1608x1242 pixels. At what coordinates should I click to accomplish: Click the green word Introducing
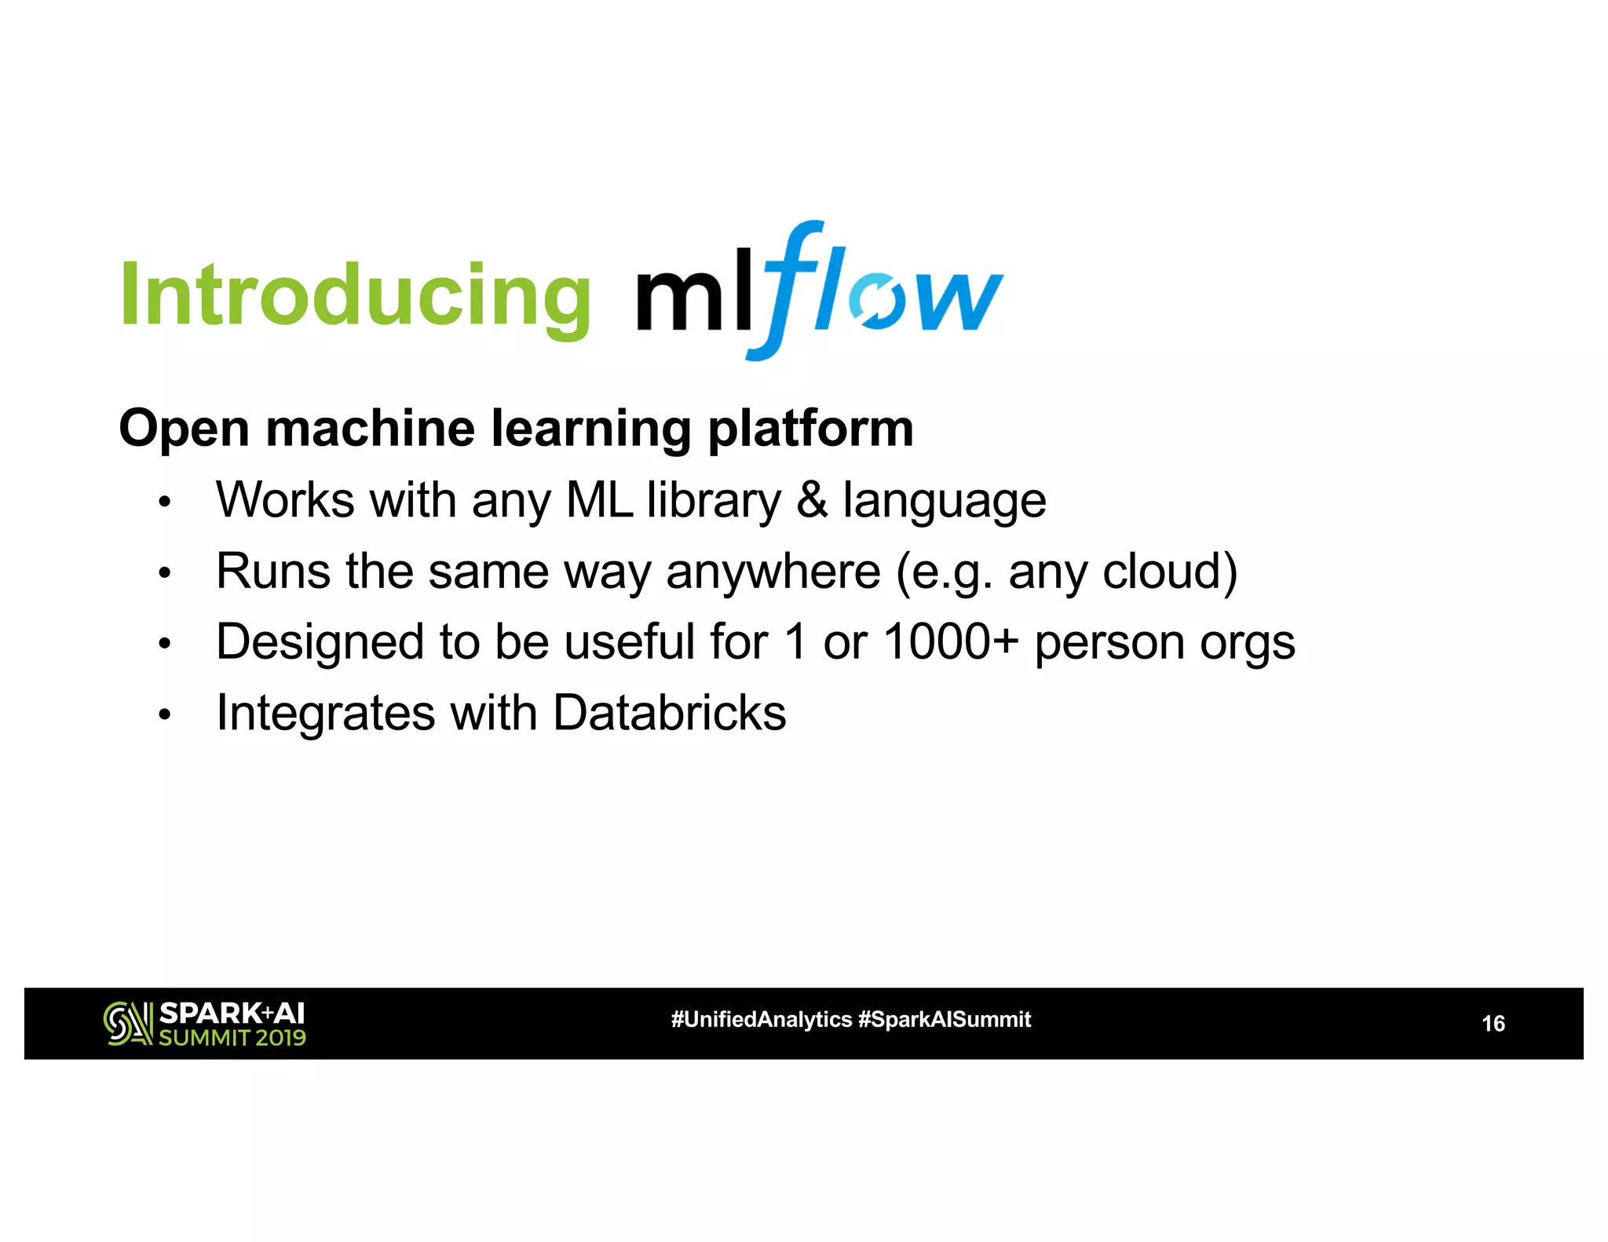click(355, 297)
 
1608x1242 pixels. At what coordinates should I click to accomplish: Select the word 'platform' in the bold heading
click(810, 430)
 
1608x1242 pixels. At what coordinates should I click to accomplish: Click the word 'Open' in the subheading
click(184, 430)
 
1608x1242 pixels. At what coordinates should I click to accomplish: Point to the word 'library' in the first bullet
click(714, 502)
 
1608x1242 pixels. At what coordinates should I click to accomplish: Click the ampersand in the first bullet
click(812, 500)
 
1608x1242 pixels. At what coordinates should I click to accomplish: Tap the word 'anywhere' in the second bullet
click(773, 572)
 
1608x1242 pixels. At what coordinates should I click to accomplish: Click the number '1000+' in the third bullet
click(951, 642)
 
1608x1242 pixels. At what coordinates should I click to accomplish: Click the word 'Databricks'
click(669, 713)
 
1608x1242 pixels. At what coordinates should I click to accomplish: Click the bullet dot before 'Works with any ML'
click(164, 502)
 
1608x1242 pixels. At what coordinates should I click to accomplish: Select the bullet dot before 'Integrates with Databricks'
click(164, 715)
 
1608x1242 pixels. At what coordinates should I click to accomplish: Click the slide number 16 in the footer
click(1493, 1024)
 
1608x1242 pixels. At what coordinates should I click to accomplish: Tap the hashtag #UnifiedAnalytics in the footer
click(761, 1020)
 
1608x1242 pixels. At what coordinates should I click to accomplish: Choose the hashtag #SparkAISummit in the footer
click(945, 1020)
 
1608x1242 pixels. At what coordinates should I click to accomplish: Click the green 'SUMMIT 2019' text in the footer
click(232, 1038)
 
